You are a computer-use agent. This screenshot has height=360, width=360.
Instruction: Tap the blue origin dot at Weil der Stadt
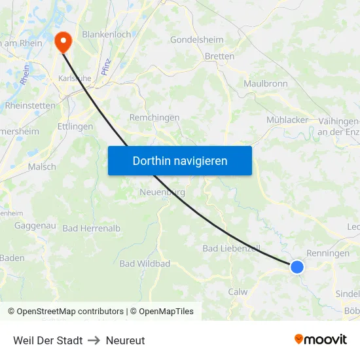(297, 266)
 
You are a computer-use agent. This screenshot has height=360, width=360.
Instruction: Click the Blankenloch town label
(107, 34)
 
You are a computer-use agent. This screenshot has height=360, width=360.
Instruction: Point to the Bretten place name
(219, 56)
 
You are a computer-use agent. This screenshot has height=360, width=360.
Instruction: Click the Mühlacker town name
(287, 120)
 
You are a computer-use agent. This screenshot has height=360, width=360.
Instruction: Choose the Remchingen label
(154, 118)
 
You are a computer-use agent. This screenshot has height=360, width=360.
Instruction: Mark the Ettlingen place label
(75, 126)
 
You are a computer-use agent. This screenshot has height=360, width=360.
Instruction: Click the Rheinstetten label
(29, 105)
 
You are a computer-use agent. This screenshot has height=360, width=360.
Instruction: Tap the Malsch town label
(42, 167)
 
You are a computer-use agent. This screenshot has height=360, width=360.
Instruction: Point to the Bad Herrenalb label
(92, 228)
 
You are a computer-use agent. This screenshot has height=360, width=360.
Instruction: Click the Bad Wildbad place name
(145, 264)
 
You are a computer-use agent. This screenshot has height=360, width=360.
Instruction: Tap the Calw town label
(238, 292)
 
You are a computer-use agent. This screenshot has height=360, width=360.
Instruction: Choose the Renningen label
(328, 253)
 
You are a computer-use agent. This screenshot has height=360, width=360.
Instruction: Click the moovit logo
(320, 339)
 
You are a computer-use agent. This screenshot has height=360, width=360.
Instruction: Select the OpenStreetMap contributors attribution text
(70, 312)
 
